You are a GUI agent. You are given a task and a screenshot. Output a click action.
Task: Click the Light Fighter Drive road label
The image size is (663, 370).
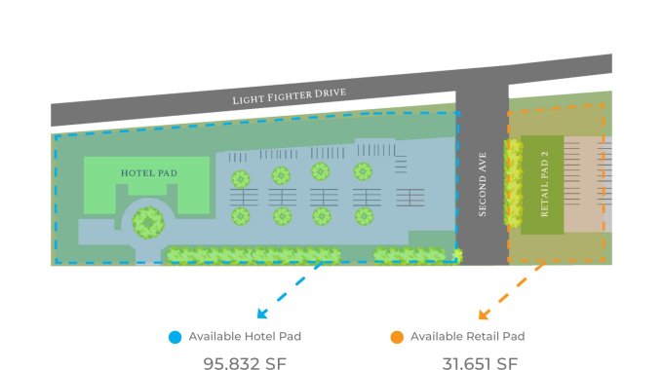[290, 95]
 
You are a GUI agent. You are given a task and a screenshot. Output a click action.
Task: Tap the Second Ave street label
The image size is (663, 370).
[483, 185]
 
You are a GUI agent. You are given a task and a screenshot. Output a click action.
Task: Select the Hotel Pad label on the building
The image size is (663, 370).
[149, 173]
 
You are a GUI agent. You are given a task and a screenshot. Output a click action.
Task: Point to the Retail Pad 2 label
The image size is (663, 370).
[544, 184]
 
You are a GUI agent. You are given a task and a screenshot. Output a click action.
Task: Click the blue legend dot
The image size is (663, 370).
[175, 337]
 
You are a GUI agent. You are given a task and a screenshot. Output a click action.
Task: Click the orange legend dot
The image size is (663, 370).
[397, 337]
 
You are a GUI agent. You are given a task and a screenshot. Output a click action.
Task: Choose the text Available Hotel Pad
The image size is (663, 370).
[245, 336]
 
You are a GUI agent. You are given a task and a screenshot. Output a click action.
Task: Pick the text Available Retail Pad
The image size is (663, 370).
[468, 336]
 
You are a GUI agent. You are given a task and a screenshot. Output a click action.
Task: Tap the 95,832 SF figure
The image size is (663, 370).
[245, 363]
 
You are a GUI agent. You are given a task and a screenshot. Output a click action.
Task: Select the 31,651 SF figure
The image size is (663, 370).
[480, 363]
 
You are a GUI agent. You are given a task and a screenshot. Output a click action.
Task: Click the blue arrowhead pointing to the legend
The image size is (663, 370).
[262, 313]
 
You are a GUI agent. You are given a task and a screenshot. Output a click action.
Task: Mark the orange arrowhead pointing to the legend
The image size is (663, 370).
[484, 314]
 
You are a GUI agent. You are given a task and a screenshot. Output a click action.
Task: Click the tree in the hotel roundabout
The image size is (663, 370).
[148, 223]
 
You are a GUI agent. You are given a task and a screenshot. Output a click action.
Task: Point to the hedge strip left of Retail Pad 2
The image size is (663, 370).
[513, 183]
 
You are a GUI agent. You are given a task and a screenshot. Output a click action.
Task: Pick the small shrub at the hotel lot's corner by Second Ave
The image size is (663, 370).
[457, 255]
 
